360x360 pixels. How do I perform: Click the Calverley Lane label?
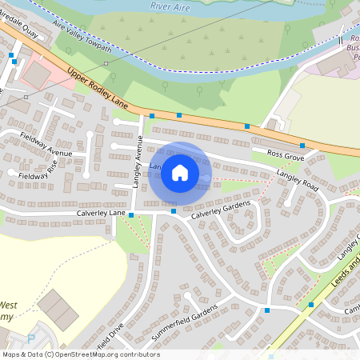click(x=102, y=214)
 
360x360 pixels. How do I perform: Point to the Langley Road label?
click(x=297, y=181)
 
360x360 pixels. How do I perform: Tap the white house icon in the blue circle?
click(x=180, y=172)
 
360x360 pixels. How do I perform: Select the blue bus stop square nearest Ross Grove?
click(x=302, y=146)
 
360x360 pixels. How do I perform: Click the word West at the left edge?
click(x=8, y=305)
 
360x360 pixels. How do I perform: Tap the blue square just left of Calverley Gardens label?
click(x=174, y=211)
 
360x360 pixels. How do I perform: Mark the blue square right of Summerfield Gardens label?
click(x=267, y=310)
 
